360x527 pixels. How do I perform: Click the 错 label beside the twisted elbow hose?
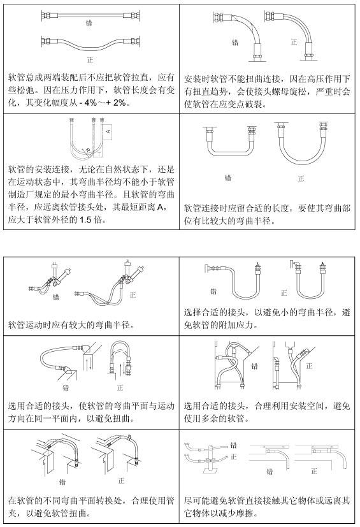click(235, 43)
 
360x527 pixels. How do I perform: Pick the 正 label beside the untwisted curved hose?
click(294, 41)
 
